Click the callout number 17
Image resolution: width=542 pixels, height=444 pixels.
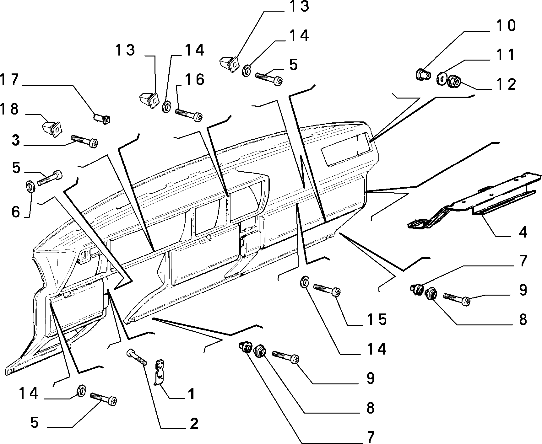click(x=9, y=80)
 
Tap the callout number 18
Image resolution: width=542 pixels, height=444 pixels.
click(x=9, y=110)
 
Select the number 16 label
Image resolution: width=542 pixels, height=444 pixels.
click(x=195, y=80)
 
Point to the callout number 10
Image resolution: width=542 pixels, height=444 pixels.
click(x=506, y=26)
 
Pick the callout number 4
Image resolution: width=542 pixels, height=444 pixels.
click(x=523, y=233)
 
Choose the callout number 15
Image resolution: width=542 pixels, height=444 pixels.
click(x=377, y=319)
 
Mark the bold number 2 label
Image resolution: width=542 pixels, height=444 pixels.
click(x=194, y=424)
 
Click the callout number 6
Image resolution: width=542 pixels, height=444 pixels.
click(x=16, y=212)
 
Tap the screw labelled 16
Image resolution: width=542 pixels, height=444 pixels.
click(x=189, y=115)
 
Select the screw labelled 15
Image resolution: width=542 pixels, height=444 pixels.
click(x=327, y=290)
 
